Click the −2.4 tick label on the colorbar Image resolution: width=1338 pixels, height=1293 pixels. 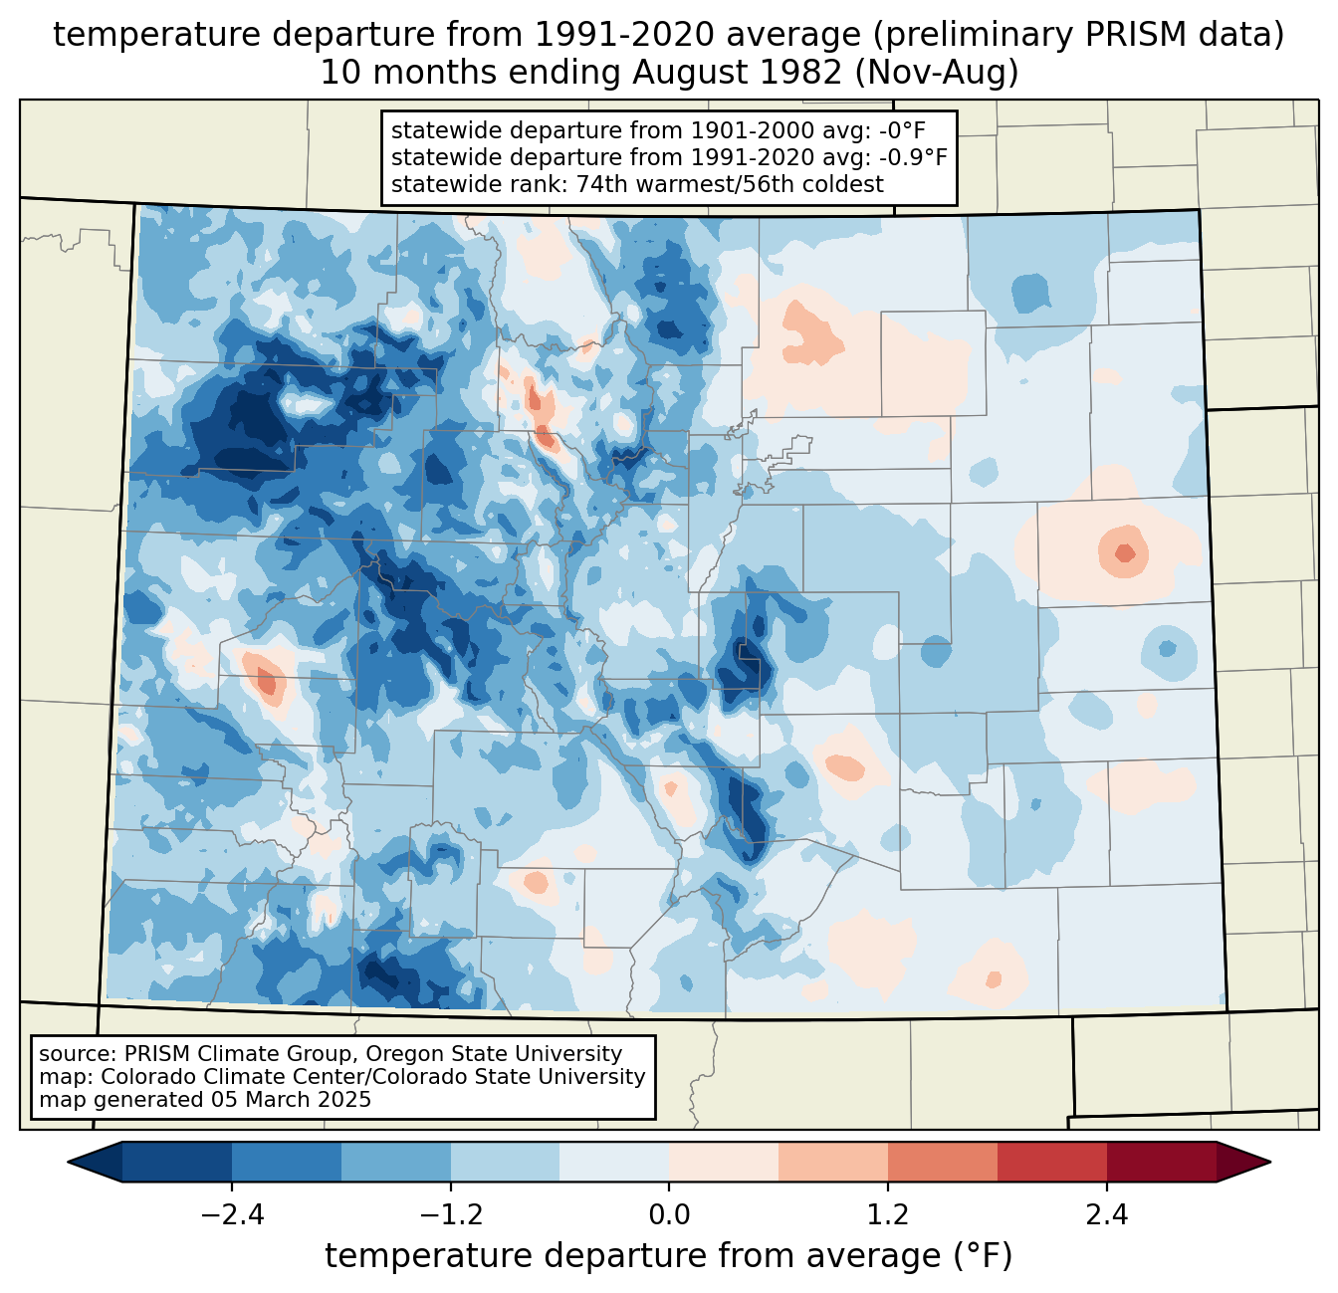coord(231,1215)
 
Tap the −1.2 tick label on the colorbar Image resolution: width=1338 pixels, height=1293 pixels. coord(450,1215)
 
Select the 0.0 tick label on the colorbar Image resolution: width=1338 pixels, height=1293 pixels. coord(669,1215)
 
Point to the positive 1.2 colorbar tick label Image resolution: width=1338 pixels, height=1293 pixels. coord(888,1215)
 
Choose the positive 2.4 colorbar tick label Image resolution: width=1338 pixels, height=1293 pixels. coord(1107,1215)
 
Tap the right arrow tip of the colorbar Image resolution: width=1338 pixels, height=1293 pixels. coord(1267,1162)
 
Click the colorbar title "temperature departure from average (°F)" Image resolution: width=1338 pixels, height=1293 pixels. coord(669,1256)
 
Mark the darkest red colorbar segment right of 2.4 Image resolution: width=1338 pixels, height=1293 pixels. coord(1161,1162)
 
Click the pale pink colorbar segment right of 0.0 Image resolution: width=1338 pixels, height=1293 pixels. coord(724,1162)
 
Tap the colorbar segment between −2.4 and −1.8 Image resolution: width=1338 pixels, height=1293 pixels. coord(287,1162)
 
